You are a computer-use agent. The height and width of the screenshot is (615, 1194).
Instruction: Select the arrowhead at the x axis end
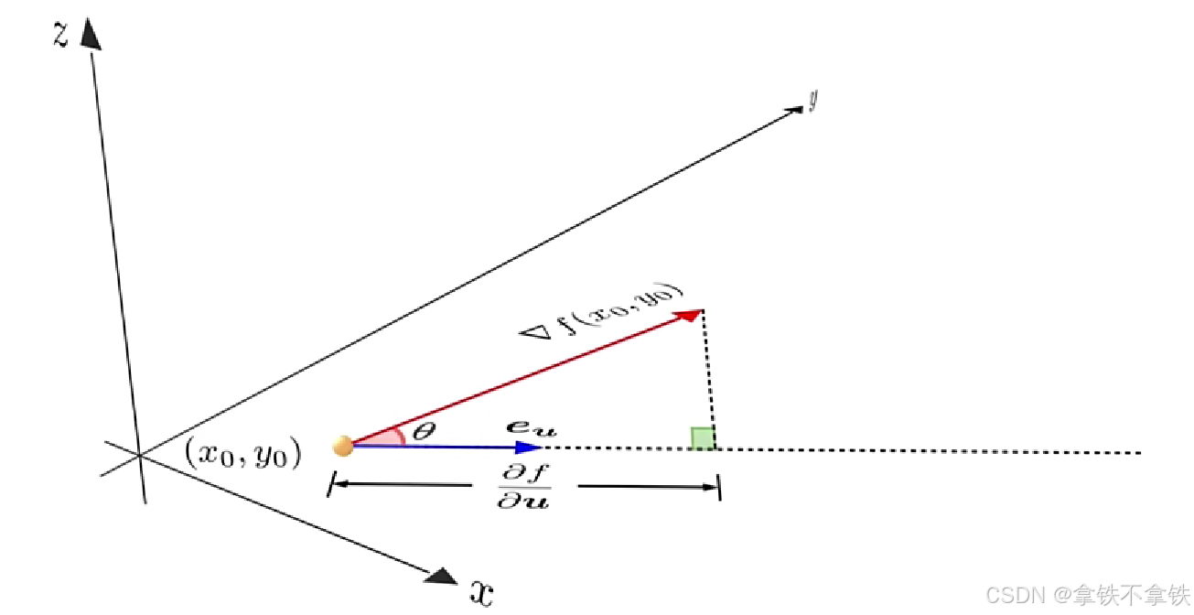(443, 576)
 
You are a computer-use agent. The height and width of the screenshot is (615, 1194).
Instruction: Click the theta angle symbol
(422, 431)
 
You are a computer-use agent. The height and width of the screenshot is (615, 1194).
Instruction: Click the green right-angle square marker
(703, 438)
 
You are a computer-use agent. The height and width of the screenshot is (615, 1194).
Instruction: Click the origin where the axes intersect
(140, 454)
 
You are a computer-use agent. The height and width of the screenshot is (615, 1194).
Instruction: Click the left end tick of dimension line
(329, 484)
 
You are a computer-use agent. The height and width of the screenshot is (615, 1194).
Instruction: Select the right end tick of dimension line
(720, 487)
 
